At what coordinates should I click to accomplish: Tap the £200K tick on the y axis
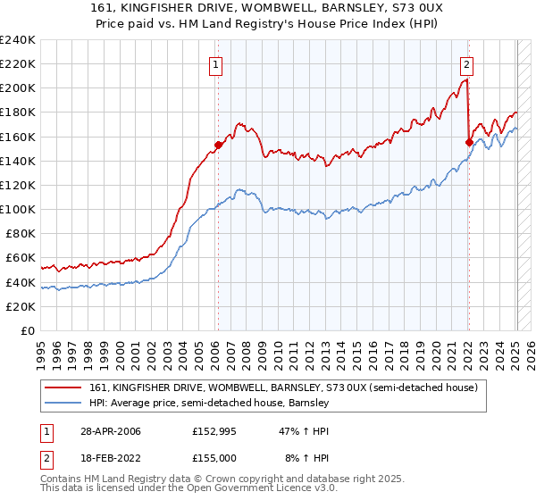(x=17, y=88)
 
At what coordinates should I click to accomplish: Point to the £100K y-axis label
(x=17, y=209)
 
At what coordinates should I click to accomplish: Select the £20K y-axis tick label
(x=20, y=306)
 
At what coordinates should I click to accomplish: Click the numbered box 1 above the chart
(x=217, y=63)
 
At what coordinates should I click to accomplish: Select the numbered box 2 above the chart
(x=467, y=63)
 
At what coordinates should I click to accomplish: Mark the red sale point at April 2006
(x=218, y=145)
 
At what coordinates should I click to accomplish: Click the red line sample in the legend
(x=65, y=387)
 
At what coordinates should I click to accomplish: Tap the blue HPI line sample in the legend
(x=65, y=403)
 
